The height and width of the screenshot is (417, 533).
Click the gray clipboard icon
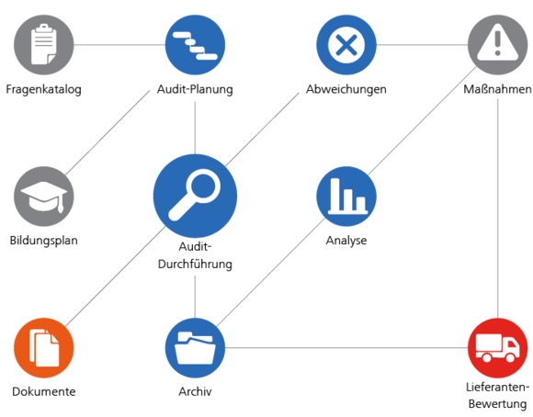pyautogui.click(x=42, y=44)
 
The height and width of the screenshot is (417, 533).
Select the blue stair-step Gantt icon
pyautogui.click(x=195, y=44)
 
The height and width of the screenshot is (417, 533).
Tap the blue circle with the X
pyautogui.click(x=346, y=44)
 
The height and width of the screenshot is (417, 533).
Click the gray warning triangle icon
pyautogui.click(x=498, y=44)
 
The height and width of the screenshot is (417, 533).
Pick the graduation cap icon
pyautogui.click(x=42, y=196)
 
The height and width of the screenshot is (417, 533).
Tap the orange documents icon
pyautogui.click(x=42, y=347)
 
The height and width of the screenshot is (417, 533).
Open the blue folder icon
pyautogui.click(x=195, y=347)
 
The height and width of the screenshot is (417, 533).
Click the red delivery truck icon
pyautogui.click(x=498, y=347)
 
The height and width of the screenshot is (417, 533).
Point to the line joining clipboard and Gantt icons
pyautogui.click(x=119, y=44)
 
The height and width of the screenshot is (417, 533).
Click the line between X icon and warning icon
pyautogui.click(x=423, y=44)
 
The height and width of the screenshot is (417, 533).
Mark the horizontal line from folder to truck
pyautogui.click(x=349, y=347)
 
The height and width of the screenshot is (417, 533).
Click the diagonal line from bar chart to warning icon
pyautogui.click(x=423, y=119)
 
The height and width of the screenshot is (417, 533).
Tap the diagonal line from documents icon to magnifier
pyautogui.click(x=115, y=276)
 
